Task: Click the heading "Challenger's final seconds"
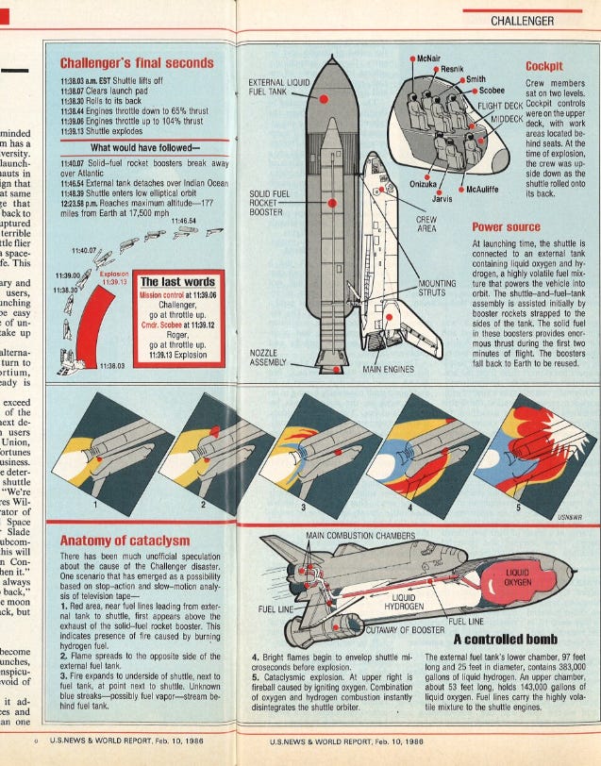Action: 137,63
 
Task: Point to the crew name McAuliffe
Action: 489,189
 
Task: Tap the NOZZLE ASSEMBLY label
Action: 269,358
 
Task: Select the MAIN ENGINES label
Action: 390,370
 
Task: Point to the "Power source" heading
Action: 508,227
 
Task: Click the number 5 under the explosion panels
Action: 517,508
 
